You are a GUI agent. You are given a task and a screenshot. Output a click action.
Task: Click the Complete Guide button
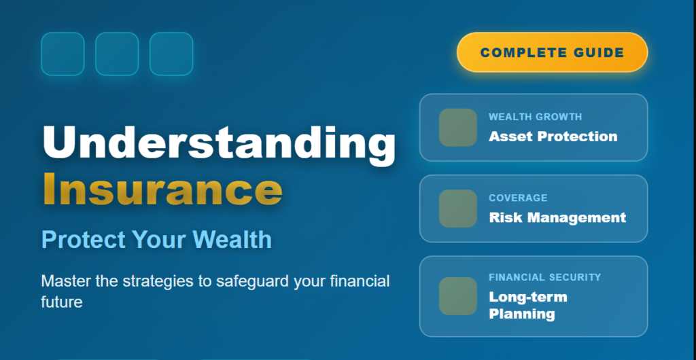coord(552,52)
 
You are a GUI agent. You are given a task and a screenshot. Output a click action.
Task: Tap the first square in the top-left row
coord(63,54)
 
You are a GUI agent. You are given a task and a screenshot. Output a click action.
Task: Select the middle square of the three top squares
coord(117,54)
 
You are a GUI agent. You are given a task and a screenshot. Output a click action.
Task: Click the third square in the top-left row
coord(171,54)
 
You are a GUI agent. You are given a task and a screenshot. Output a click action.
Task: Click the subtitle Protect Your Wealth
coord(156,240)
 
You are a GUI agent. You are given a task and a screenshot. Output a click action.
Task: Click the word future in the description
coord(62,302)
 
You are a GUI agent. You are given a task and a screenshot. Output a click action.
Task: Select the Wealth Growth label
coord(535,117)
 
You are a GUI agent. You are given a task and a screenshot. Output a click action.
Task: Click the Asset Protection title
coord(553,137)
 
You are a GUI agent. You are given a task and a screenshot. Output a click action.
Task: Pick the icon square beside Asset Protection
coord(457,127)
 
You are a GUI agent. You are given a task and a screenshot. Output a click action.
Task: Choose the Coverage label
coord(518,198)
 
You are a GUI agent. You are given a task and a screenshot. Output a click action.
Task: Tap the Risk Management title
coord(557,218)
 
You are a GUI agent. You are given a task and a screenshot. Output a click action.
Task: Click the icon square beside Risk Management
coord(457,209)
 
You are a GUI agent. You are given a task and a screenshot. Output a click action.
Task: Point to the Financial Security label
coord(544,277)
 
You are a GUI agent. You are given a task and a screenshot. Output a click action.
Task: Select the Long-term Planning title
coord(527,306)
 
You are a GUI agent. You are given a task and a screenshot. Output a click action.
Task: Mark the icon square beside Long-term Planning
coord(457,296)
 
